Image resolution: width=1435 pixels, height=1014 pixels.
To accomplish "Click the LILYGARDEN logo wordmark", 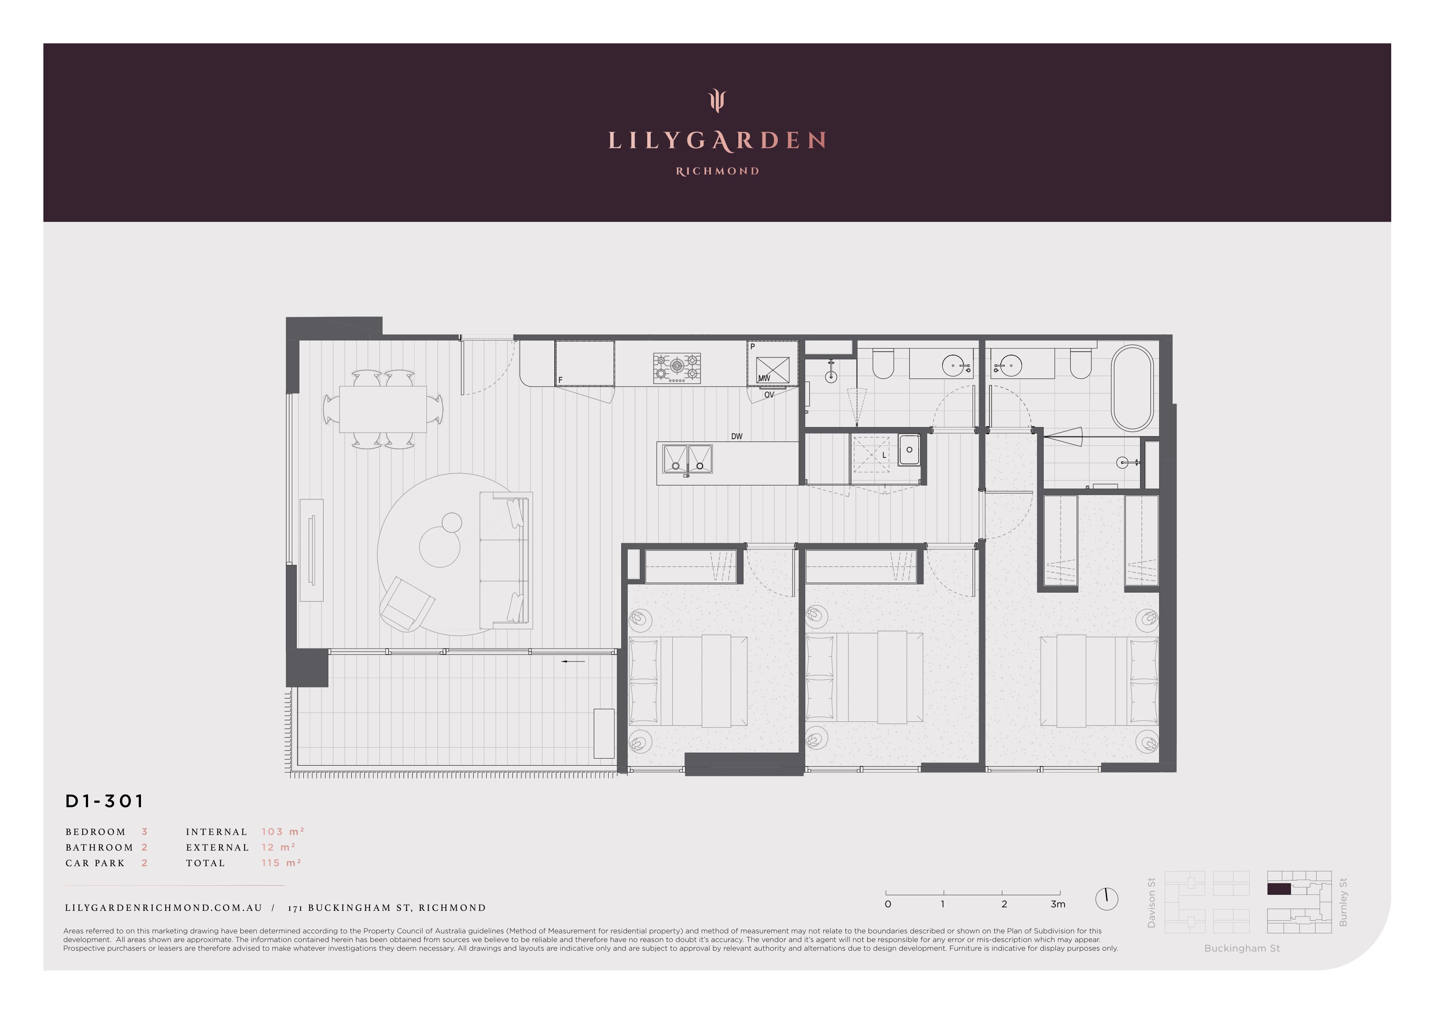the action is (717, 140).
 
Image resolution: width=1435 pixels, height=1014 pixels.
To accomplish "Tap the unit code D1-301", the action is (105, 801).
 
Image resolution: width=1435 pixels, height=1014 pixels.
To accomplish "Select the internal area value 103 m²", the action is (282, 831).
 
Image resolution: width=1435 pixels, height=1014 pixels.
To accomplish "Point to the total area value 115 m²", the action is (281, 863).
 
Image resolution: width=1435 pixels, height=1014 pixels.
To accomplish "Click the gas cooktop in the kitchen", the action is (677, 368).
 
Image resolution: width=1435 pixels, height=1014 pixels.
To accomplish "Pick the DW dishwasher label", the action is (737, 437).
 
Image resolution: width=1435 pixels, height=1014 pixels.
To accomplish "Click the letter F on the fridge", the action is (560, 380).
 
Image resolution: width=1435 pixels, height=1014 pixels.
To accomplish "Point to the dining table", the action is (383, 409).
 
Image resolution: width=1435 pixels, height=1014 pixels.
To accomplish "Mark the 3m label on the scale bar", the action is (1058, 904).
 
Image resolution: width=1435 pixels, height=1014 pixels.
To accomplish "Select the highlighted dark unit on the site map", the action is (1279, 890).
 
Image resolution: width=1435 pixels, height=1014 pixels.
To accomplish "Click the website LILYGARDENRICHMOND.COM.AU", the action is (164, 908).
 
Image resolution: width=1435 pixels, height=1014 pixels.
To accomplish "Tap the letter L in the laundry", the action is (885, 456).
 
